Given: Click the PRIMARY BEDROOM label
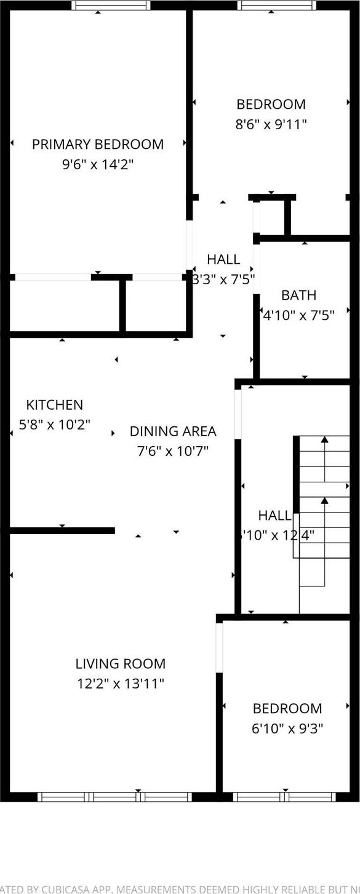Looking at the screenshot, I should coord(98,144).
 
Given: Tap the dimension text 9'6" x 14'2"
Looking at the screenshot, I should coord(98,164).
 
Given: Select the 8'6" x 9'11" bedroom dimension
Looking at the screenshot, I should coord(271,124).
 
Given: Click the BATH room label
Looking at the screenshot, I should coord(298,295).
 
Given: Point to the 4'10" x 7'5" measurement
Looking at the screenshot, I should coord(298,316).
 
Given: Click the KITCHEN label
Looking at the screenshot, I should coord(54,405).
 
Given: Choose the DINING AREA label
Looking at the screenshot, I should coord(173,431).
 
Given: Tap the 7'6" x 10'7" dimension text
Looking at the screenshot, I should coord(173,451).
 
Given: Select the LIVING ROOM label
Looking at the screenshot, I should coord(121,664).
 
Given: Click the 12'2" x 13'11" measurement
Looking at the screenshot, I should coord(121,684).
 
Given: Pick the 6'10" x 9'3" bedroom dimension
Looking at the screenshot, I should coord(287,728).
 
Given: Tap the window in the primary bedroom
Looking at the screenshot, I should coord(111,6).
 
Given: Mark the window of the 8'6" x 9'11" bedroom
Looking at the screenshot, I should coord(277,6).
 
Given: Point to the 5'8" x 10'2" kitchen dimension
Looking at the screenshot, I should coord(54,425).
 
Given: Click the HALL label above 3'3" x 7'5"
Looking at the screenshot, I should coord(223,259).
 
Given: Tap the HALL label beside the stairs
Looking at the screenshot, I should coord(274,516).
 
